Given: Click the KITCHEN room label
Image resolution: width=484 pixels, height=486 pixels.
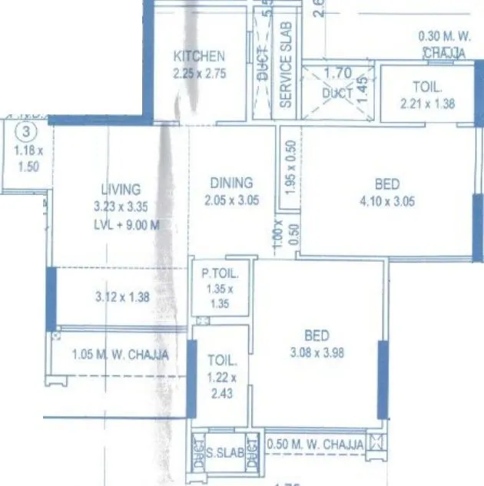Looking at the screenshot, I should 199,56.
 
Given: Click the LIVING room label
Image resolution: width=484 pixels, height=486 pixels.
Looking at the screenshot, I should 121,189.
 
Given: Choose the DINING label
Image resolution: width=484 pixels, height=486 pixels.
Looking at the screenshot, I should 231,183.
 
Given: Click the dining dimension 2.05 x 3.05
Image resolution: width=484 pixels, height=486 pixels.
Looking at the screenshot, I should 231,201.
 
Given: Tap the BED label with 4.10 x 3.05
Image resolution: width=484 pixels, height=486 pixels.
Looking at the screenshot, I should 387,184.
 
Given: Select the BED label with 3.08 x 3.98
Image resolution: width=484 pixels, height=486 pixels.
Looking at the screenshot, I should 317,336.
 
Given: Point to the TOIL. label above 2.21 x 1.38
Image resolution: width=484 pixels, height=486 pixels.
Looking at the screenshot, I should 428,88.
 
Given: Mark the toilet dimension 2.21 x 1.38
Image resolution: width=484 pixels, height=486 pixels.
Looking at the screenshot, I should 428,103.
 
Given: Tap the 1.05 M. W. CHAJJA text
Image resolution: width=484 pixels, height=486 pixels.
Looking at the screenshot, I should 119,355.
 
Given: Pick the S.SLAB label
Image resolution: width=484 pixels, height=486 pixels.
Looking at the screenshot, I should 226,454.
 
